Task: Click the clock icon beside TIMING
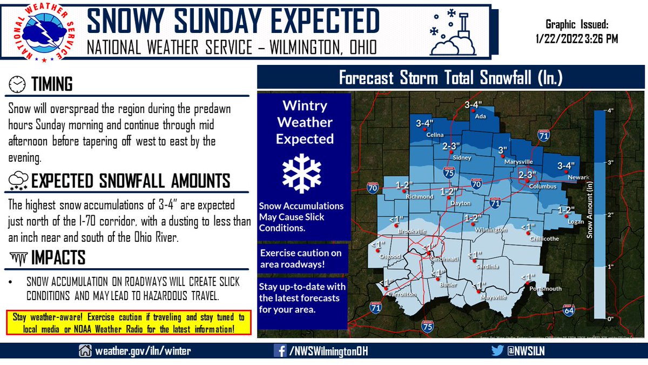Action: click(x=18, y=84)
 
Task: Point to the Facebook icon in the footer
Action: click(x=279, y=351)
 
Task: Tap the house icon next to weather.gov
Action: click(x=85, y=351)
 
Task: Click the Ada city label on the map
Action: click(x=477, y=116)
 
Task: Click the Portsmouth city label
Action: click(x=542, y=289)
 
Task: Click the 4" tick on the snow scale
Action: click(x=611, y=110)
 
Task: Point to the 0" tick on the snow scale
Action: click(x=611, y=319)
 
